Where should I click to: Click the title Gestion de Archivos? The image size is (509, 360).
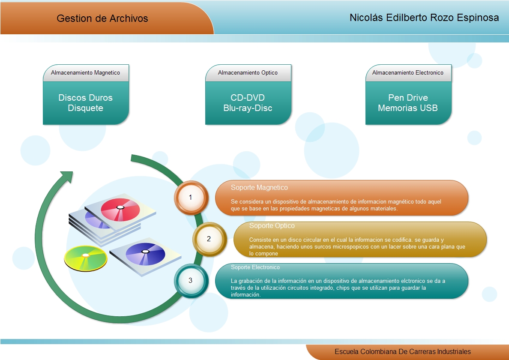102,18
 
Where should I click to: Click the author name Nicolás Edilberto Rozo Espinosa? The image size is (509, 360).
424,18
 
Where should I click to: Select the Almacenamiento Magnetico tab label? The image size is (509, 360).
85,73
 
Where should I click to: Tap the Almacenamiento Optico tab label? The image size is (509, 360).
248,73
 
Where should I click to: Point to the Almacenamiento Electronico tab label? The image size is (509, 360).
407,73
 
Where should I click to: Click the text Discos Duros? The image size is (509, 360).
85,98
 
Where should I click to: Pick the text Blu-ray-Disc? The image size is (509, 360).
248,108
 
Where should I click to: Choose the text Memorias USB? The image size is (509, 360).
407,108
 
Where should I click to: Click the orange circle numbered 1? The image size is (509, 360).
191,197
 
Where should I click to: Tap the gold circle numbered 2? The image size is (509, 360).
209,239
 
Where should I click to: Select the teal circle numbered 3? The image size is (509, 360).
191,280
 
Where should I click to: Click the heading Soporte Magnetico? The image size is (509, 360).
259,188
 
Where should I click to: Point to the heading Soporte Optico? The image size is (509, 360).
272,225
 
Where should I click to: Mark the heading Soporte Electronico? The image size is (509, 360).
255,267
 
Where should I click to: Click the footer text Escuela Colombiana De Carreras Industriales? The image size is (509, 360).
402,351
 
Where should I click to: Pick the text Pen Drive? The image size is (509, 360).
407,98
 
